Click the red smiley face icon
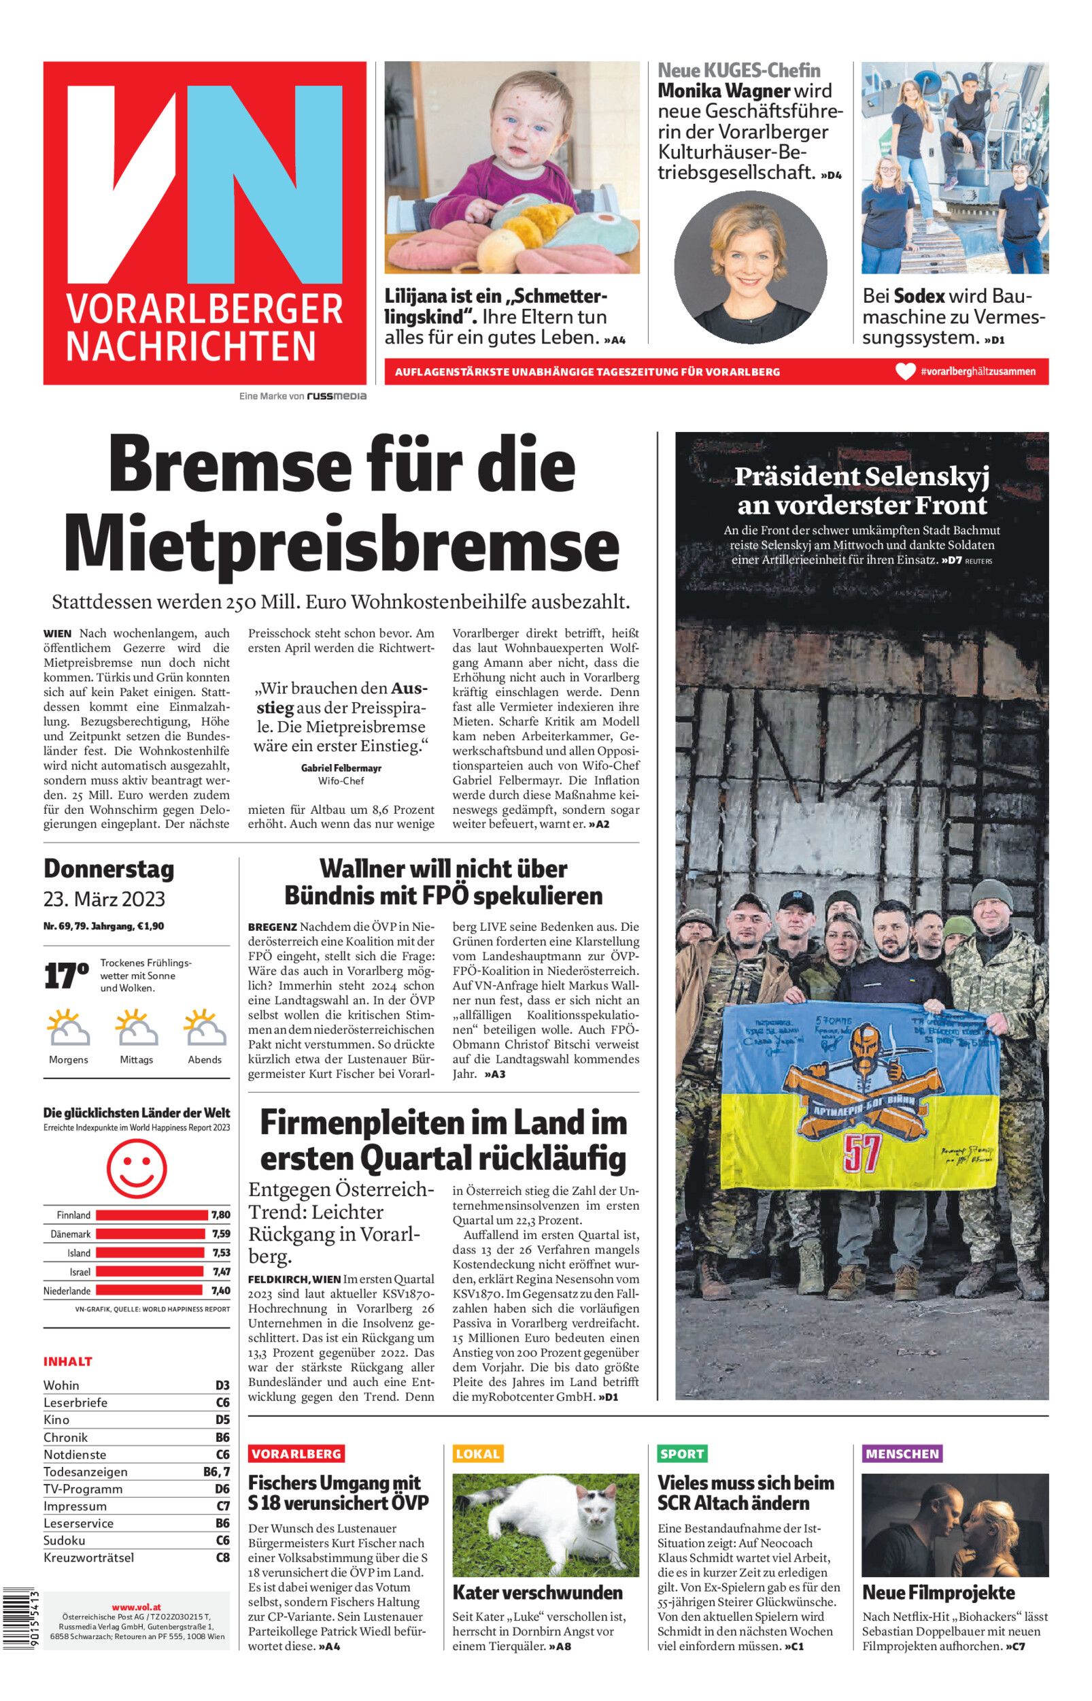point(136,1168)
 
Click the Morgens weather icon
point(69,1028)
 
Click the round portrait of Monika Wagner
point(750,267)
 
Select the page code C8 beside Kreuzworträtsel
point(222,1557)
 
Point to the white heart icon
point(905,371)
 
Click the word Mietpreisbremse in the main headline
point(342,544)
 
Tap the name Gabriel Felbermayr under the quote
point(341,767)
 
